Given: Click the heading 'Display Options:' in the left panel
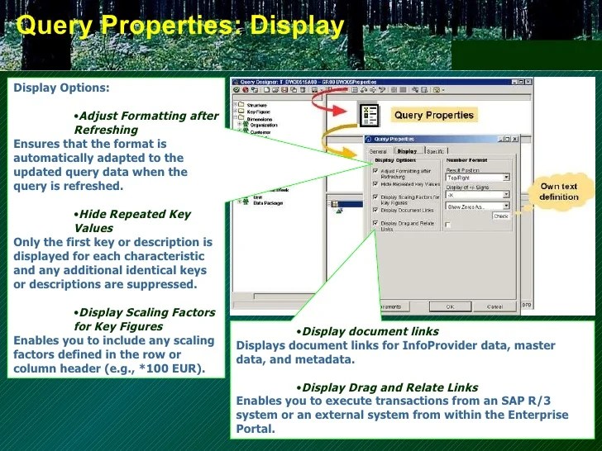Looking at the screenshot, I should pyautogui.click(x=61, y=88).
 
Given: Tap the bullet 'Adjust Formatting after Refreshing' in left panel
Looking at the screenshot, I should pyautogui.click(x=146, y=122).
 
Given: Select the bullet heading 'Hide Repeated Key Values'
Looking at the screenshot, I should pyautogui.click(x=132, y=221).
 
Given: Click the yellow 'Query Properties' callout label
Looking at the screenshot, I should pyautogui.click(x=433, y=116).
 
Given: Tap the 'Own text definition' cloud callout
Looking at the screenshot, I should pyautogui.click(x=559, y=192).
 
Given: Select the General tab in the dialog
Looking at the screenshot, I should pyautogui.click(x=378, y=151).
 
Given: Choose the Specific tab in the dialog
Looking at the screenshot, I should pyautogui.click(x=435, y=151).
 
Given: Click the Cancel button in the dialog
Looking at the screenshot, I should pyautogui.click(x=494, y=306).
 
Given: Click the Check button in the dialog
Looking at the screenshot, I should pyautogui.click(x=500, y=216).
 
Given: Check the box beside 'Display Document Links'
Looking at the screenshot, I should pyautogui.click(x=376, y=211).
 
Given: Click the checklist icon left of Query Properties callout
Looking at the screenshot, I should pyautogui.click(x=369, y=115).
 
